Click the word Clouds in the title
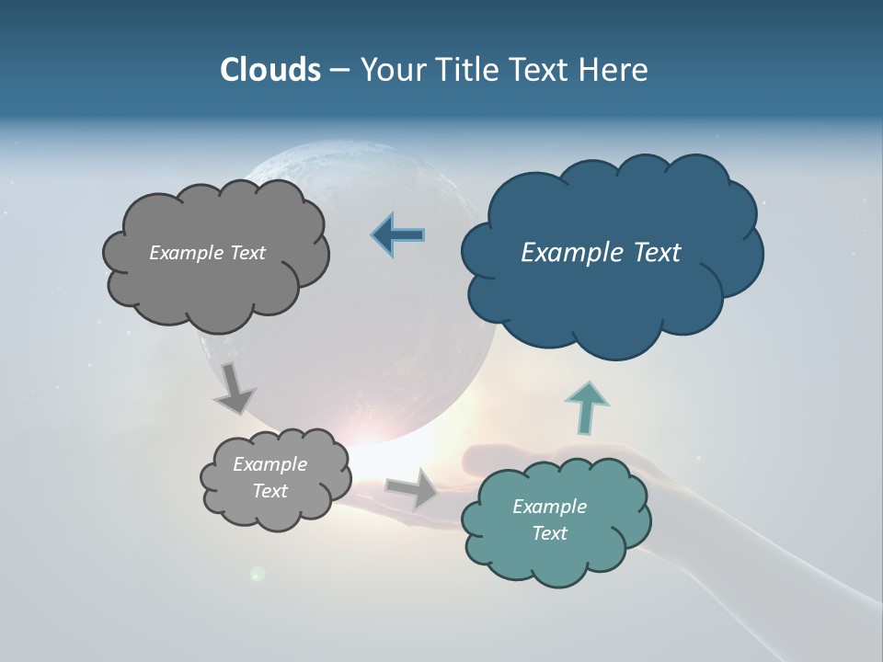point(269,70)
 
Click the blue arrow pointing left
point(398,235)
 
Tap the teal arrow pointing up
point(586,406)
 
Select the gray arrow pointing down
point(235,387)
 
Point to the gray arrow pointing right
point(412,487)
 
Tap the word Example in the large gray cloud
point(186,253)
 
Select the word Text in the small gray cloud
point(270,491)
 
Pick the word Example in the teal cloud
point(549,507)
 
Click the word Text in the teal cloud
point(549,533)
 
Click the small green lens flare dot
point(258,574)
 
